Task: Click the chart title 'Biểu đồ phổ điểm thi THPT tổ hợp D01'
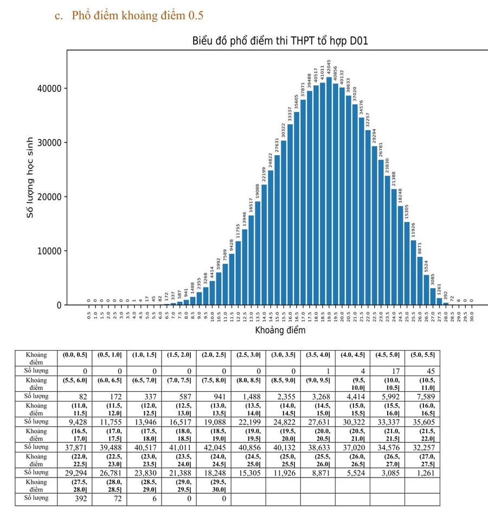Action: click(x=280, y=41)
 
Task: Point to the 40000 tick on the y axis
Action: click(x=47, y=88)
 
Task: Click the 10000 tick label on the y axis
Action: click(x=47, y=251)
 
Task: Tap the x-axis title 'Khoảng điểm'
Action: click(x=280, y=330)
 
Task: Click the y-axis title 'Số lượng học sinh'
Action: click(x=31, y=177)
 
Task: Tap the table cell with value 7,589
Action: click(x=421, y=397)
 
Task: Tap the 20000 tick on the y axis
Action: click(x=47, y=197)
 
